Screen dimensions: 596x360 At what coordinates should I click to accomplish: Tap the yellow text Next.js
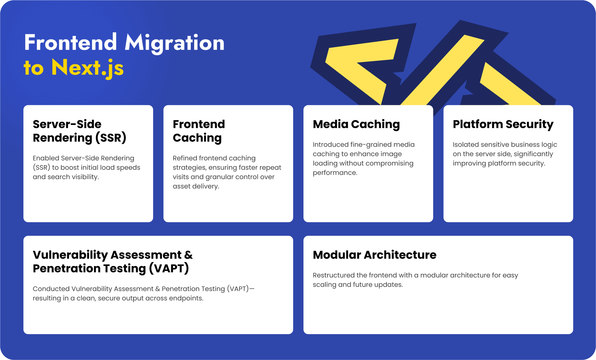87,68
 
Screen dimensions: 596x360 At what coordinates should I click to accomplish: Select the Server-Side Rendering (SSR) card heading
80,131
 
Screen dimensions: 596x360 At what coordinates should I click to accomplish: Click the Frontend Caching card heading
199,131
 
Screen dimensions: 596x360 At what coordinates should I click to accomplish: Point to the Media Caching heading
356,125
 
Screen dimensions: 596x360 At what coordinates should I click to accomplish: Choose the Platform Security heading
503,125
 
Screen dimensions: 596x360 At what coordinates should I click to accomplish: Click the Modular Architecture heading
375,255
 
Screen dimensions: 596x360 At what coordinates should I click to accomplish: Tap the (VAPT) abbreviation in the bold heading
169,269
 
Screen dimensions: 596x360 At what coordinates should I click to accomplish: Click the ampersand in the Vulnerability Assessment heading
189,255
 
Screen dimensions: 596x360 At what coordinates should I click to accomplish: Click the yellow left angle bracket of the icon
362,70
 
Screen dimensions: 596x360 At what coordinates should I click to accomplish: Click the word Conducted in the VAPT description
51,289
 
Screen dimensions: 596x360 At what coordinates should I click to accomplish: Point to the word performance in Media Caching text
335,173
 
